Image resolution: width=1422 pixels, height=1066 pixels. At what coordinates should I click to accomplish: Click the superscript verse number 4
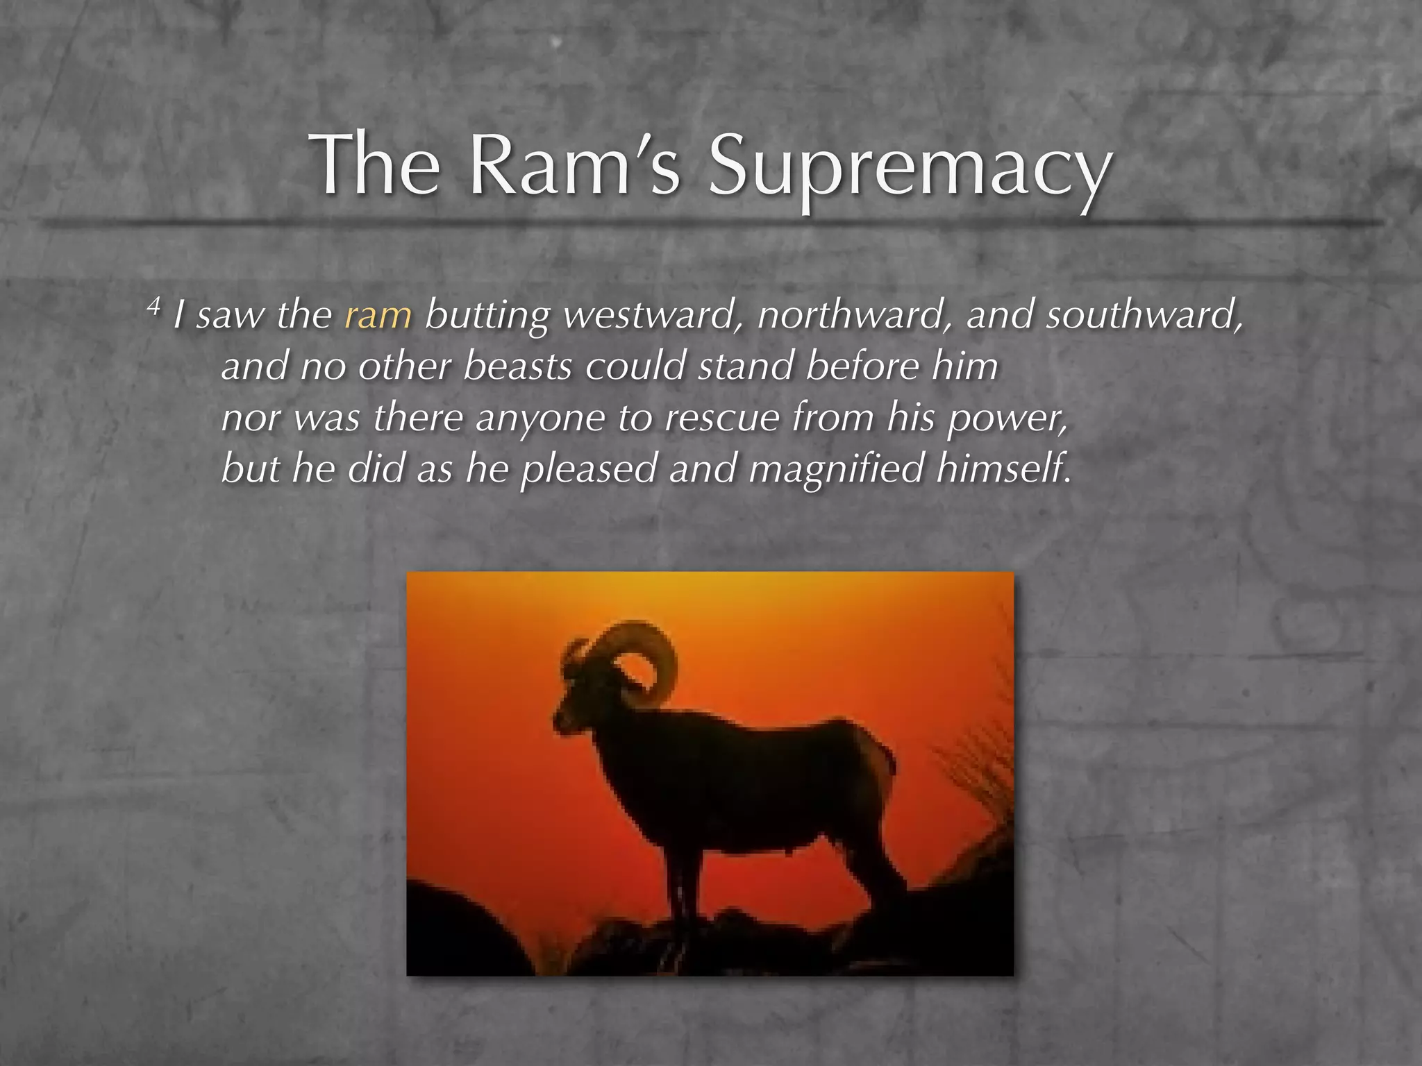[153, 305]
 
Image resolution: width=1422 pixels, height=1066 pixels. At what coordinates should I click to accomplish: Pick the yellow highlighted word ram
[378, 316]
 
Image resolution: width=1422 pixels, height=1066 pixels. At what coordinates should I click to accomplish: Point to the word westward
[649, 316]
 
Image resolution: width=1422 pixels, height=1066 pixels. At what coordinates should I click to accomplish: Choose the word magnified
[837, 469]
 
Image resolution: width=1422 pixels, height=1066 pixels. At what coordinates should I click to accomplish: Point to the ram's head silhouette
[576, 708]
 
